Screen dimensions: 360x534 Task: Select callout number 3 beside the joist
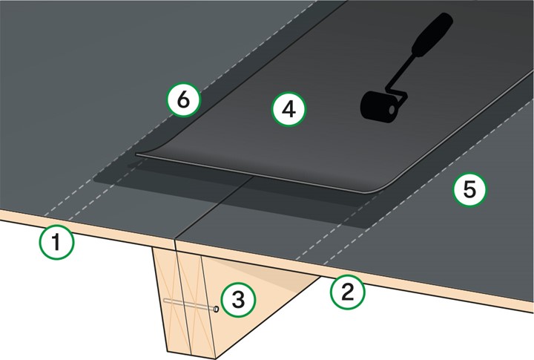[x=238, y=299]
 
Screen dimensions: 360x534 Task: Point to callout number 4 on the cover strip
[x=289, y=109]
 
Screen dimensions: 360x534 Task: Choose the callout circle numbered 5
[x=469, y=190]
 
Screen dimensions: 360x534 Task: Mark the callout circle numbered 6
[x=183, y=99]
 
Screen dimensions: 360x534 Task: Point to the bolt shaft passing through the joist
[x=185, y=304]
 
